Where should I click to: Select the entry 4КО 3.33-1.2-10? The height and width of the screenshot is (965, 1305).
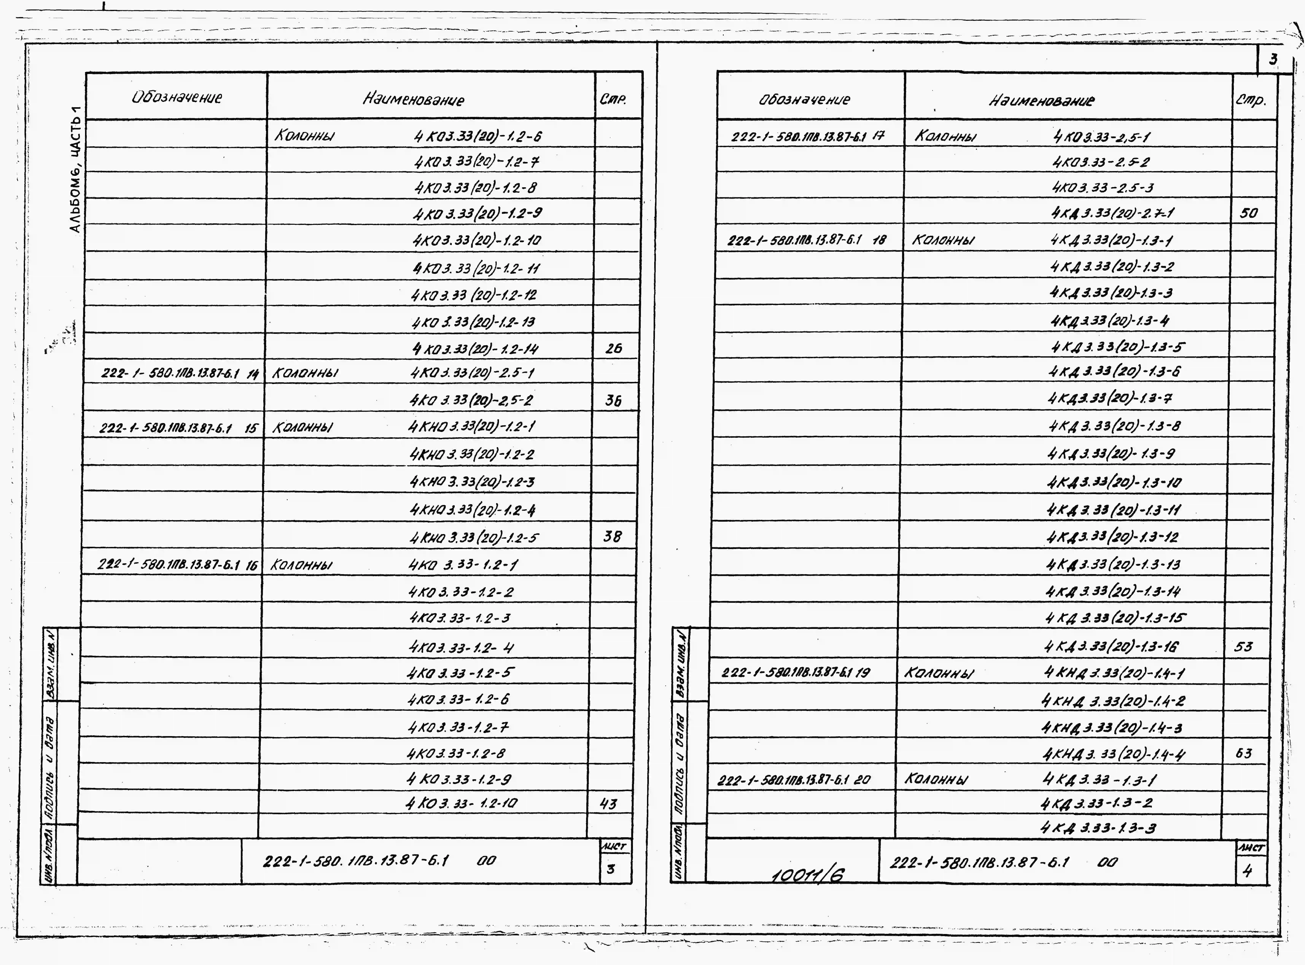462,804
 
